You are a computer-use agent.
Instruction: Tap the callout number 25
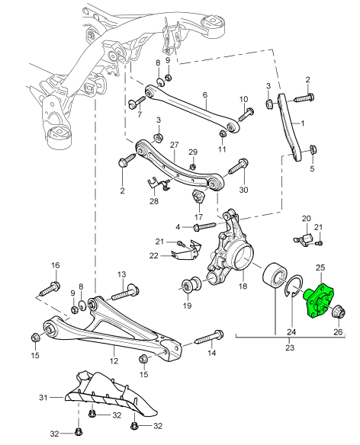pyautogui.click(x=320, y=267)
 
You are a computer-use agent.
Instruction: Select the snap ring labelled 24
pyautogui.click(x=294, y=287)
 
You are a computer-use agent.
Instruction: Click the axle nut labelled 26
pyautogui.click(x=338, y=312)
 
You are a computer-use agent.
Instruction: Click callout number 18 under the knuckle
pyautogui.click(x=243, y=286)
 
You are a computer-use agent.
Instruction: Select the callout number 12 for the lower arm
pyautogui.click(x=114, y=361)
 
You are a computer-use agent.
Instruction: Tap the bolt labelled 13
pyautogui.click(x=125, y=293)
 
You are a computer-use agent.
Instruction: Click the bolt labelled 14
pyautogui.click(x=209, y=337)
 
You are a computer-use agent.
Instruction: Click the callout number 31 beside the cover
pyautogui.click(x=43, y=398)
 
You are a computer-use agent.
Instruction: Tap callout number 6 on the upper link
pyautogui.click(x=205, y=94)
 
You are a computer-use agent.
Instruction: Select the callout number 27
pyautogui.click(x=175, y=145)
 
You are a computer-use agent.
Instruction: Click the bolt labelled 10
pyautogui.click(x=246, y=114)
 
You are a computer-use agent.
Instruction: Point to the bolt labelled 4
pyautogui.click(x=204, y=226)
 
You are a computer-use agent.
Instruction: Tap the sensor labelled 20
pyautogui.click(x=304, y=239)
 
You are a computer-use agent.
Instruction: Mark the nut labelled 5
pyautogui.click(x=313, y=149)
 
